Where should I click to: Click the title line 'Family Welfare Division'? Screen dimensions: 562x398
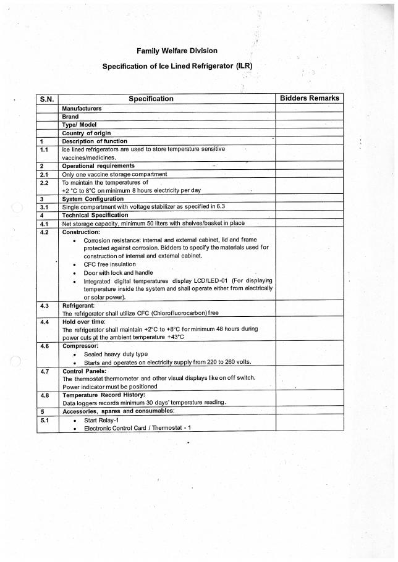[x=177, y=51]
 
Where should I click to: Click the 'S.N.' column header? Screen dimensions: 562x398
[x=48, y=99]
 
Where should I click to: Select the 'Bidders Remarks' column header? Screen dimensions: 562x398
[x=309, y=98]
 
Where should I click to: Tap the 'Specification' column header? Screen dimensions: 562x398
[x=151, y=99]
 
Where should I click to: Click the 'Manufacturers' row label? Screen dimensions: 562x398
[x=82, y=108]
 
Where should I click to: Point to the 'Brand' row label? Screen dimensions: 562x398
[x=70, y=116]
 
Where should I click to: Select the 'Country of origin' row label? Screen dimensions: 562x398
[x=87, y=133]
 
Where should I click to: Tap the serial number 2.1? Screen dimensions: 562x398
[x=44, y=174]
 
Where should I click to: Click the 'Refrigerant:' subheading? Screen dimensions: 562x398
[x=78, y=306]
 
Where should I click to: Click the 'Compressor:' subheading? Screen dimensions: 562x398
[x=80, y=346]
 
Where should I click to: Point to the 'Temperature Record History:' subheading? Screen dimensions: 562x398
[x=103, y=395]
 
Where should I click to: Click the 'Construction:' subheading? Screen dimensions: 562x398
[x=81, y=232]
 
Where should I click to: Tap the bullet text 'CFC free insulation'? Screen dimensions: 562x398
[x=109, y=264]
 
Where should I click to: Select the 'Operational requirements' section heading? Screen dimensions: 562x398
[x=98, y=166]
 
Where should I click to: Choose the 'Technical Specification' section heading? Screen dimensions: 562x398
[x=95, y=215]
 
